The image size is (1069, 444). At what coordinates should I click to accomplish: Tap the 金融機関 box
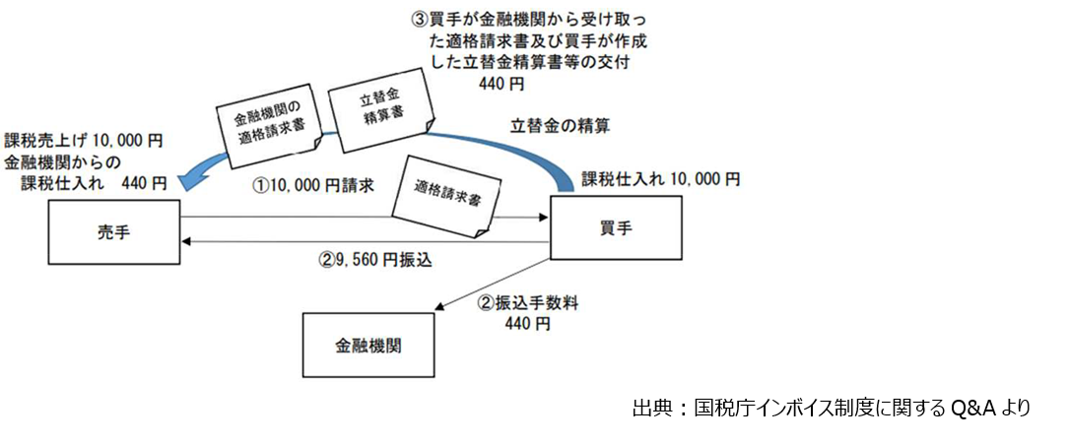(x=367, y=346)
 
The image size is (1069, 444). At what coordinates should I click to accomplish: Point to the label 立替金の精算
(x=561, y=125)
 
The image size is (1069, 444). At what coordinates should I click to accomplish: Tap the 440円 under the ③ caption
(x=503, y=84)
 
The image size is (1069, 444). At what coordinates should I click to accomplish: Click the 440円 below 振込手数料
(x=526, y=324)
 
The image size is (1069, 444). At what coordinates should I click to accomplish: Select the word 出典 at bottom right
(x=654, y=408)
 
